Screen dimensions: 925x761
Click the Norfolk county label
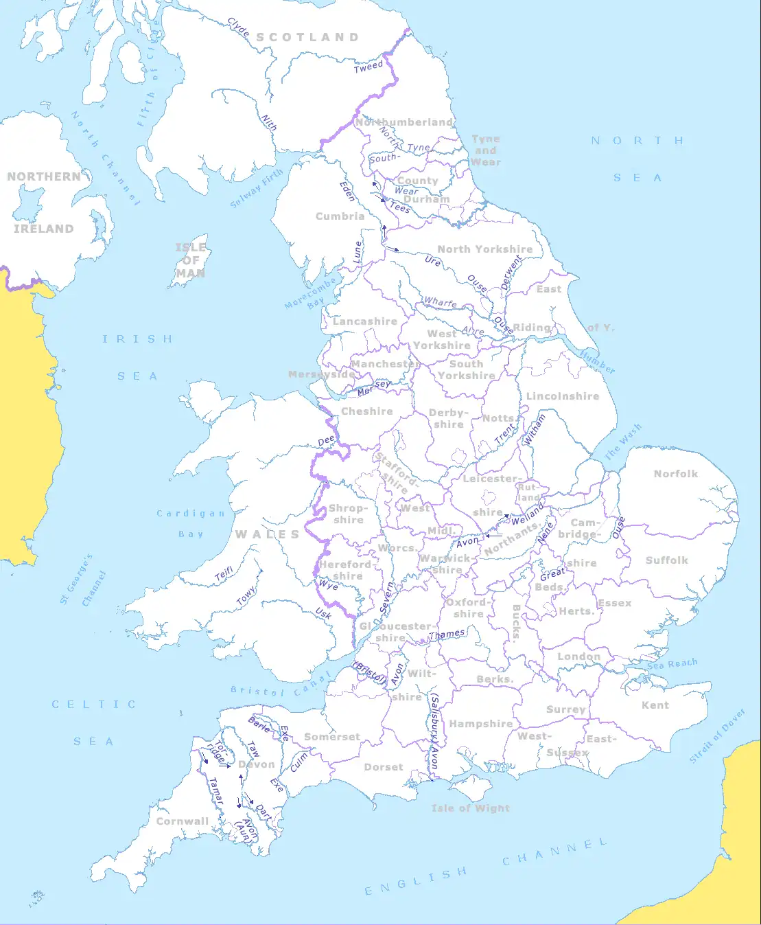coord(675,474)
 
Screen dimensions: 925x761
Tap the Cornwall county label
coord(182,821)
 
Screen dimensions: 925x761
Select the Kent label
coord(655,705)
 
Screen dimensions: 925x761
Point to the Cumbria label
coord(340,216)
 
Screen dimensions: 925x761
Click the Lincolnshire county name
coord(562,396)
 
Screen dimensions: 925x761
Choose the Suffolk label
coord(666,560)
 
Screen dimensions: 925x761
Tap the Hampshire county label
coord(480,724)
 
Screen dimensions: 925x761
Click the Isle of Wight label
coord(470,808)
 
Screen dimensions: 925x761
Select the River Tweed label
coord(368,67)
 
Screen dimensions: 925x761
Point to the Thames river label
coord(447,635)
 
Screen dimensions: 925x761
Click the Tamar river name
coord(216,791)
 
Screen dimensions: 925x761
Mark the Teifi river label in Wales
coord(224,575)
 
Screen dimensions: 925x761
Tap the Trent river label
coord(504,433)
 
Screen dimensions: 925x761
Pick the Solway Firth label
coord(256,188)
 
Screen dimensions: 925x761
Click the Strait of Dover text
coord(717,735)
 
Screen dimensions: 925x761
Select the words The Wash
coord(622,442)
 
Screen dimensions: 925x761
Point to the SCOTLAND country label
coord(307,38)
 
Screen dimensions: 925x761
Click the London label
coord(578,656)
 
